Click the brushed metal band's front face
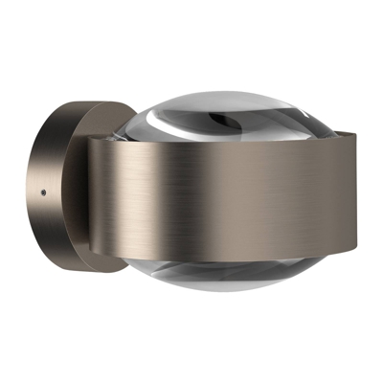(x=239, y=201)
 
